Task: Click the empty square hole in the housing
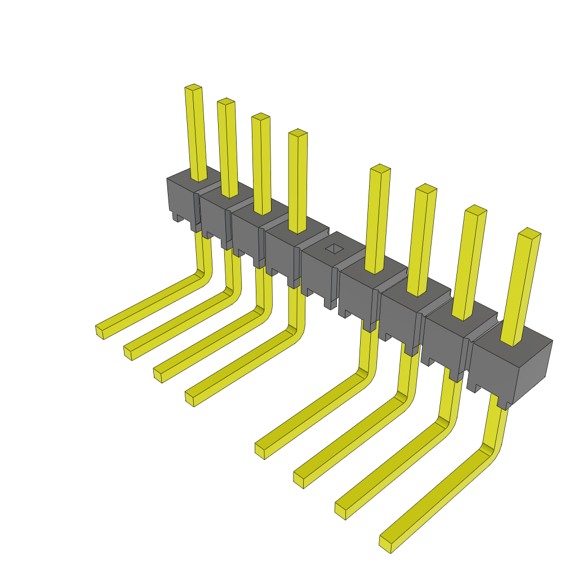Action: (x=335, y=248)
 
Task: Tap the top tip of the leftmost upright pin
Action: (x=193, y=88)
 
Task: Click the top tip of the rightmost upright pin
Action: (x=529, y=232)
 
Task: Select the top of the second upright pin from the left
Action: (x=226, y=101)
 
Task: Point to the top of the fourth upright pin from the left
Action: (x=298, y=133)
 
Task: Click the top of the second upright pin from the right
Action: (x=476, y=209)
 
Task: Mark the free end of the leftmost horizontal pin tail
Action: (x=100, y=332)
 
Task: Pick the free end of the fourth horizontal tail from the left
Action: (x=189, y=398)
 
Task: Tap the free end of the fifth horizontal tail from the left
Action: (x=260, y=450)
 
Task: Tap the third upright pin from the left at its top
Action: (x=260, y=117)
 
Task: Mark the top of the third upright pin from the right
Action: (x=426, y=188)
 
